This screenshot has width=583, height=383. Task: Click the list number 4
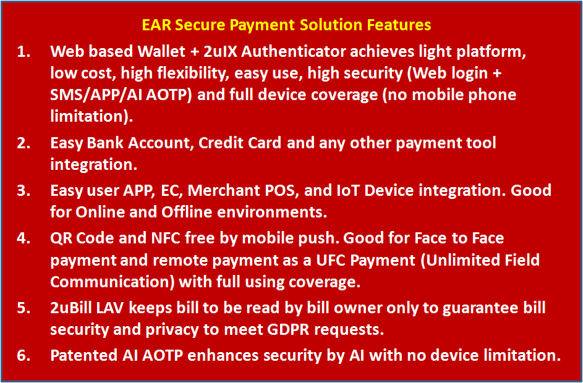[23, 238]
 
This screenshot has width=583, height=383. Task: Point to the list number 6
[23, 356]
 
